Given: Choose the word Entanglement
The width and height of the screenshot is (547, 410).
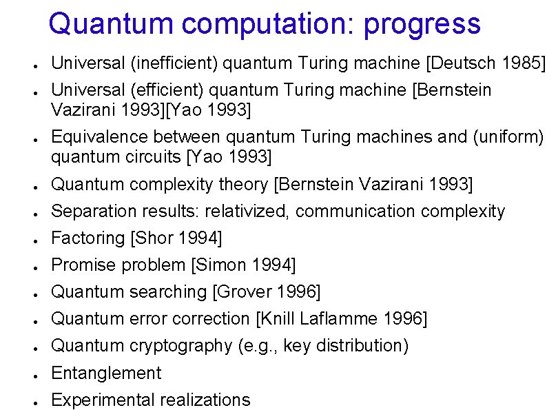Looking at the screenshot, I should tap(106, 373).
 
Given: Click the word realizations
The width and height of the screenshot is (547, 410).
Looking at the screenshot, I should tap(205, 400).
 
